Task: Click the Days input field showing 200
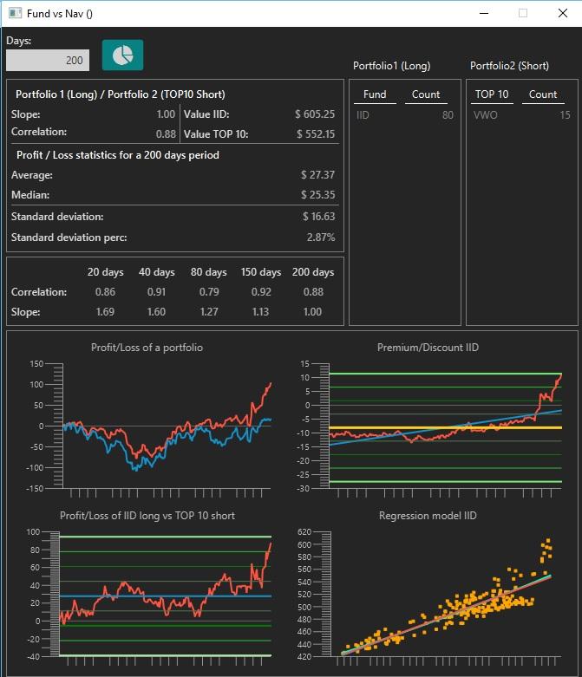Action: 48,60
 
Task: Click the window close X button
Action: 563,13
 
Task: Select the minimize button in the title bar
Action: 484,13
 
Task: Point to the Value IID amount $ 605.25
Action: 315,114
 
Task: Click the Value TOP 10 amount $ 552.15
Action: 316,133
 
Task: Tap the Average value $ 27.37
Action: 318,175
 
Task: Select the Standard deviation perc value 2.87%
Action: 321,237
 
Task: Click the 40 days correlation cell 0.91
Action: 156,292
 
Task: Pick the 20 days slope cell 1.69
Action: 105,312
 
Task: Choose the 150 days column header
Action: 261,272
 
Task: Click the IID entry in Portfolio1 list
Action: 363,115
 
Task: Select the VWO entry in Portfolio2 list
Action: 485,115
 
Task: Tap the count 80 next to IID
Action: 448,115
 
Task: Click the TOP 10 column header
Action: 492,94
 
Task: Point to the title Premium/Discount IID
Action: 428,348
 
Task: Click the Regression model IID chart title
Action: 428,516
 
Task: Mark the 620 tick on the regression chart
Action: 304,532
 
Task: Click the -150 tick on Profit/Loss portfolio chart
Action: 35,488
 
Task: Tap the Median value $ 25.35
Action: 318,195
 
